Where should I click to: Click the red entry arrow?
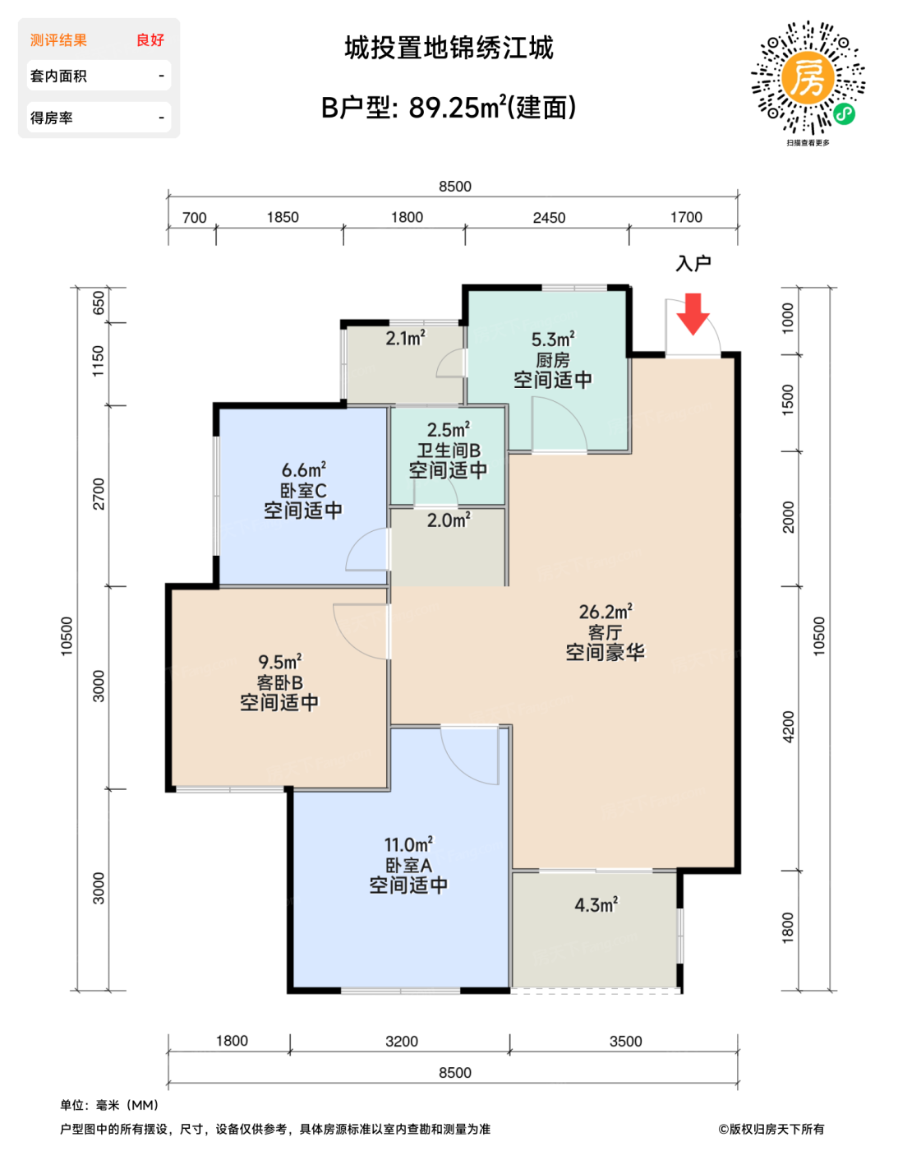[x=692, y=313]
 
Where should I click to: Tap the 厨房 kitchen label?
[x=552, y=360]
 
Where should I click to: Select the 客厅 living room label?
[x=605, y=632]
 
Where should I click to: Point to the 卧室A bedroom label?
[x=408, y=866]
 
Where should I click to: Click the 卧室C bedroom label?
[x=302, y=491]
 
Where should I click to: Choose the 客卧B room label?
[x=279, y=682]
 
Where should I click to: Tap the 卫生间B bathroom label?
[x=449, y=451]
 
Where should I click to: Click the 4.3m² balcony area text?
[x=596, y=904]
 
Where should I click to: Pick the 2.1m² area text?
[x=405, y=338]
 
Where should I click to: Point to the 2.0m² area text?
[x=449, y=520]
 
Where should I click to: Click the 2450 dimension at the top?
[x=549, y=218]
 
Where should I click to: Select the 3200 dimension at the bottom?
[x=402, y=1042]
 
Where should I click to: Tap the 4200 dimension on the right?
[x=788, y=727]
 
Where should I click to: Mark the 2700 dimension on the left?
[x=99, y=493]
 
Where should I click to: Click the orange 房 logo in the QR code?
[x=808, y=78]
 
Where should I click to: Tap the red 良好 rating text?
[x=150, y=40]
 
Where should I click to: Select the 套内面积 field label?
[x=58, y=76]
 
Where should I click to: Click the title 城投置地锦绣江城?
[x=449, y=49]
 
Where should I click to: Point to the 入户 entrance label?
[x=693, y=263]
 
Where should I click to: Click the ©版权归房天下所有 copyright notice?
[x=771, y=1129]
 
